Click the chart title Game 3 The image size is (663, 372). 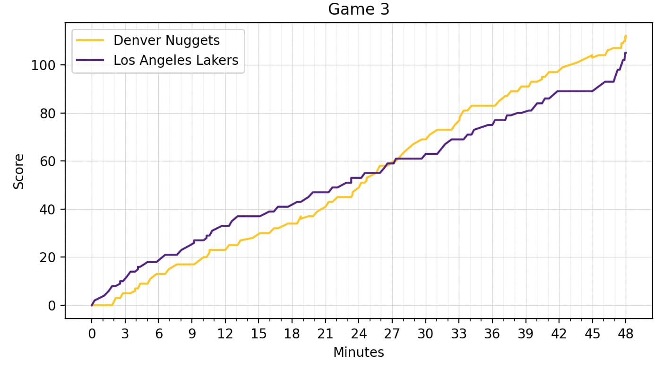[359, 9]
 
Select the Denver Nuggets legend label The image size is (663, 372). [166, 41]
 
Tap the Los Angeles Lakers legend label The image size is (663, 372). [176, 60]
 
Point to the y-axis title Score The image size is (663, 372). [18, 171]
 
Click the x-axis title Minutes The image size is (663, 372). [359, 353]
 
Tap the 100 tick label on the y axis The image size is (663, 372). [42, 65]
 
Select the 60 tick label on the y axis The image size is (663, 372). [45, 161]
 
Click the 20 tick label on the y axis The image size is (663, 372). [45, 257]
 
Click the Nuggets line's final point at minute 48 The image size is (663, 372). [626, 36]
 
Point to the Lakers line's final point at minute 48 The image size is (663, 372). [626, 53]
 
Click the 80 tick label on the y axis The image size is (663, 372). [45, 114]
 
